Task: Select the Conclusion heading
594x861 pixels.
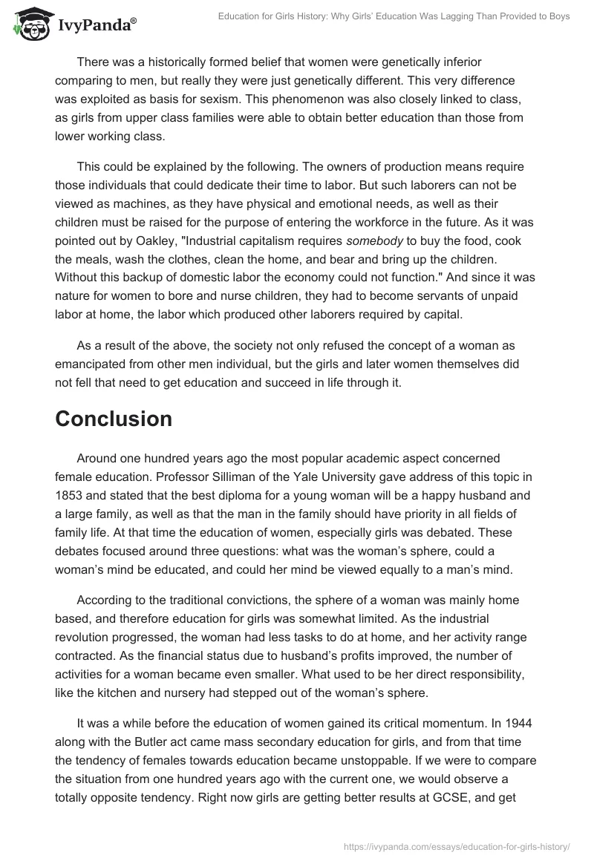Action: point(114,419)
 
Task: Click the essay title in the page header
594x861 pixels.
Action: point(394,16)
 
